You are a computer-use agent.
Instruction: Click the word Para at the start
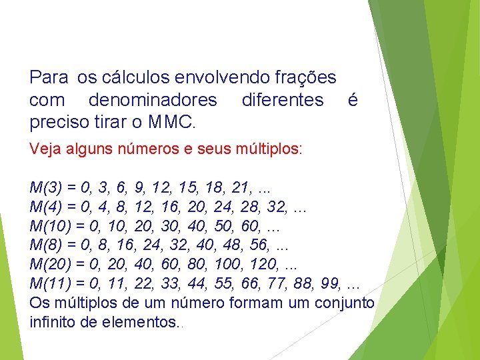49,78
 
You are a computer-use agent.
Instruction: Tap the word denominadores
153,101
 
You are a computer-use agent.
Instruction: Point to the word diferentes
283,101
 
